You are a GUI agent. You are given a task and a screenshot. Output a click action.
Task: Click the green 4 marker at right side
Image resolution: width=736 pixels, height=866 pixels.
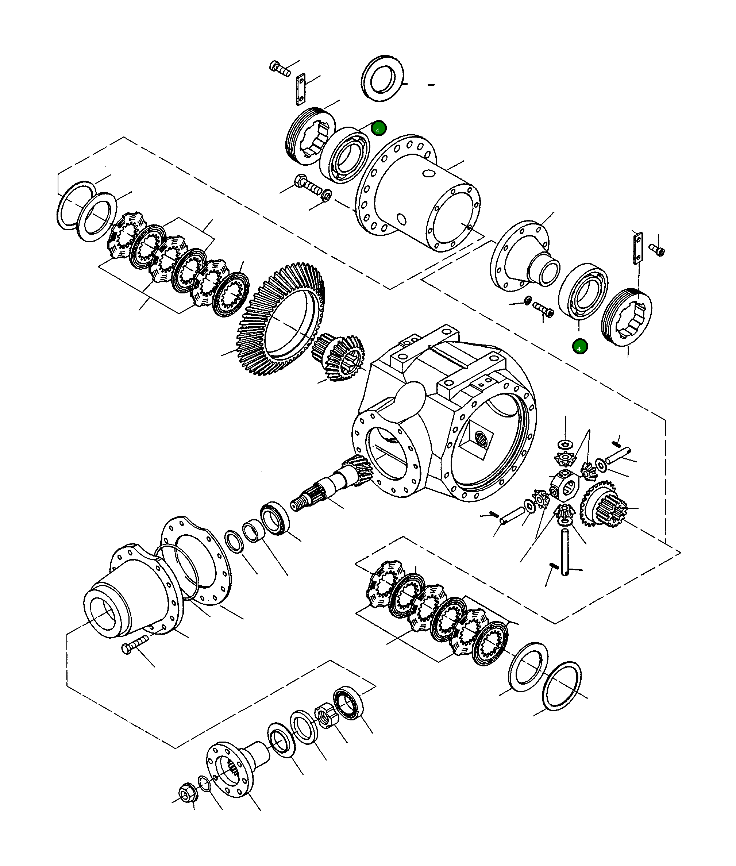tap(580, 346)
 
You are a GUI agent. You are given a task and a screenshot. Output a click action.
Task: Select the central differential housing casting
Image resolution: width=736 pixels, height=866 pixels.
tap(446, 417)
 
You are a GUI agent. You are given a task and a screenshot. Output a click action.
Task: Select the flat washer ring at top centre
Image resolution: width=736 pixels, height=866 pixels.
tap(382, 78)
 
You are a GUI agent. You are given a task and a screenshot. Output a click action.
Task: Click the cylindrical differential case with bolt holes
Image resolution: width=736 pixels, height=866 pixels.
tap(417, 196)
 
